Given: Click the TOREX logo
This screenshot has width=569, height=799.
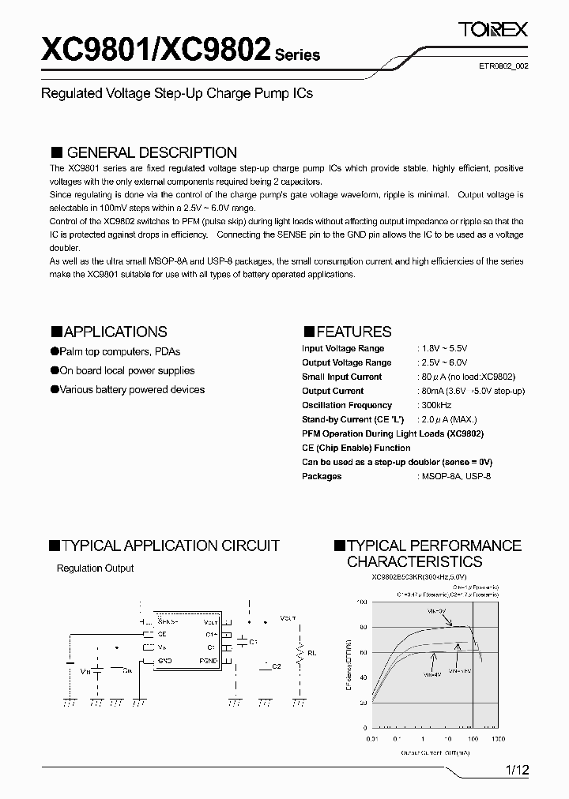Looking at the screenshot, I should coord(493,30).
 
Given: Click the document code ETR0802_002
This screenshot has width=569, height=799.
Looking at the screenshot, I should coord(504,67).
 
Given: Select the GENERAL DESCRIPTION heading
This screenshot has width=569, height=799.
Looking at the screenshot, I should coord(151,152).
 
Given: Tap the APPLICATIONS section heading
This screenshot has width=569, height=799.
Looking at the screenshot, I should coord(115,332).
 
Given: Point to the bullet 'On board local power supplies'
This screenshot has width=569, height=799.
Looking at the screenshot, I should coord(127,370).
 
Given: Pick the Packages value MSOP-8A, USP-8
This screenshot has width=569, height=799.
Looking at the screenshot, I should coord(456,476).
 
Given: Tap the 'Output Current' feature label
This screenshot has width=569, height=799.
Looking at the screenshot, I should coord(333,391).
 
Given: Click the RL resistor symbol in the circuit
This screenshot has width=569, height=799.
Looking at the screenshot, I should coord(300,655).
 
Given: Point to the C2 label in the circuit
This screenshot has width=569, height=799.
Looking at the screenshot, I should coord(276,666).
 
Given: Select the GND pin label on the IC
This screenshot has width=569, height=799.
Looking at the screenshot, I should coord(164,659).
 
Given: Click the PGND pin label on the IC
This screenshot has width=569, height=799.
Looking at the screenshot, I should coord(209,659).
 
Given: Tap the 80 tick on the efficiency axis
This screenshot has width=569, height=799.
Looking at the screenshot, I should coord(364,628).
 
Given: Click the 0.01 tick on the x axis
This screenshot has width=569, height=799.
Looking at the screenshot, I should coord(372,739).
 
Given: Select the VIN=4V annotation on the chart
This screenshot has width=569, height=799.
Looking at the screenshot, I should coord(431,676).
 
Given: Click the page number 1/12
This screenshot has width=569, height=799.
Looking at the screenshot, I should coord(515,769).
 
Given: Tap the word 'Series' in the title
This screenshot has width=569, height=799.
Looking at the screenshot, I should coord(297,55).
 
